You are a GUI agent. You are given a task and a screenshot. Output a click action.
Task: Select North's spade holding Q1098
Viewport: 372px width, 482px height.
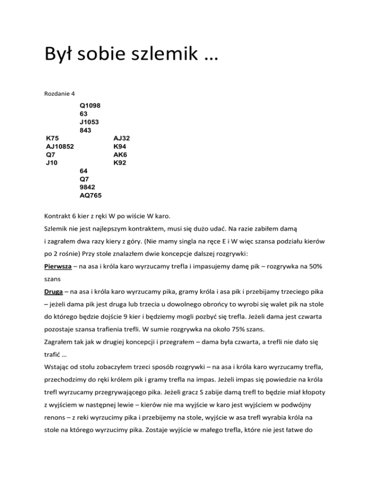click(91, 104)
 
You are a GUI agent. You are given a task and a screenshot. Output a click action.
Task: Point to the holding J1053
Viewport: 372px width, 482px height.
click(91, 122)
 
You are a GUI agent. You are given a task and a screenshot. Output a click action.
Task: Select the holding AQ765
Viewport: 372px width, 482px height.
click(91, 195)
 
